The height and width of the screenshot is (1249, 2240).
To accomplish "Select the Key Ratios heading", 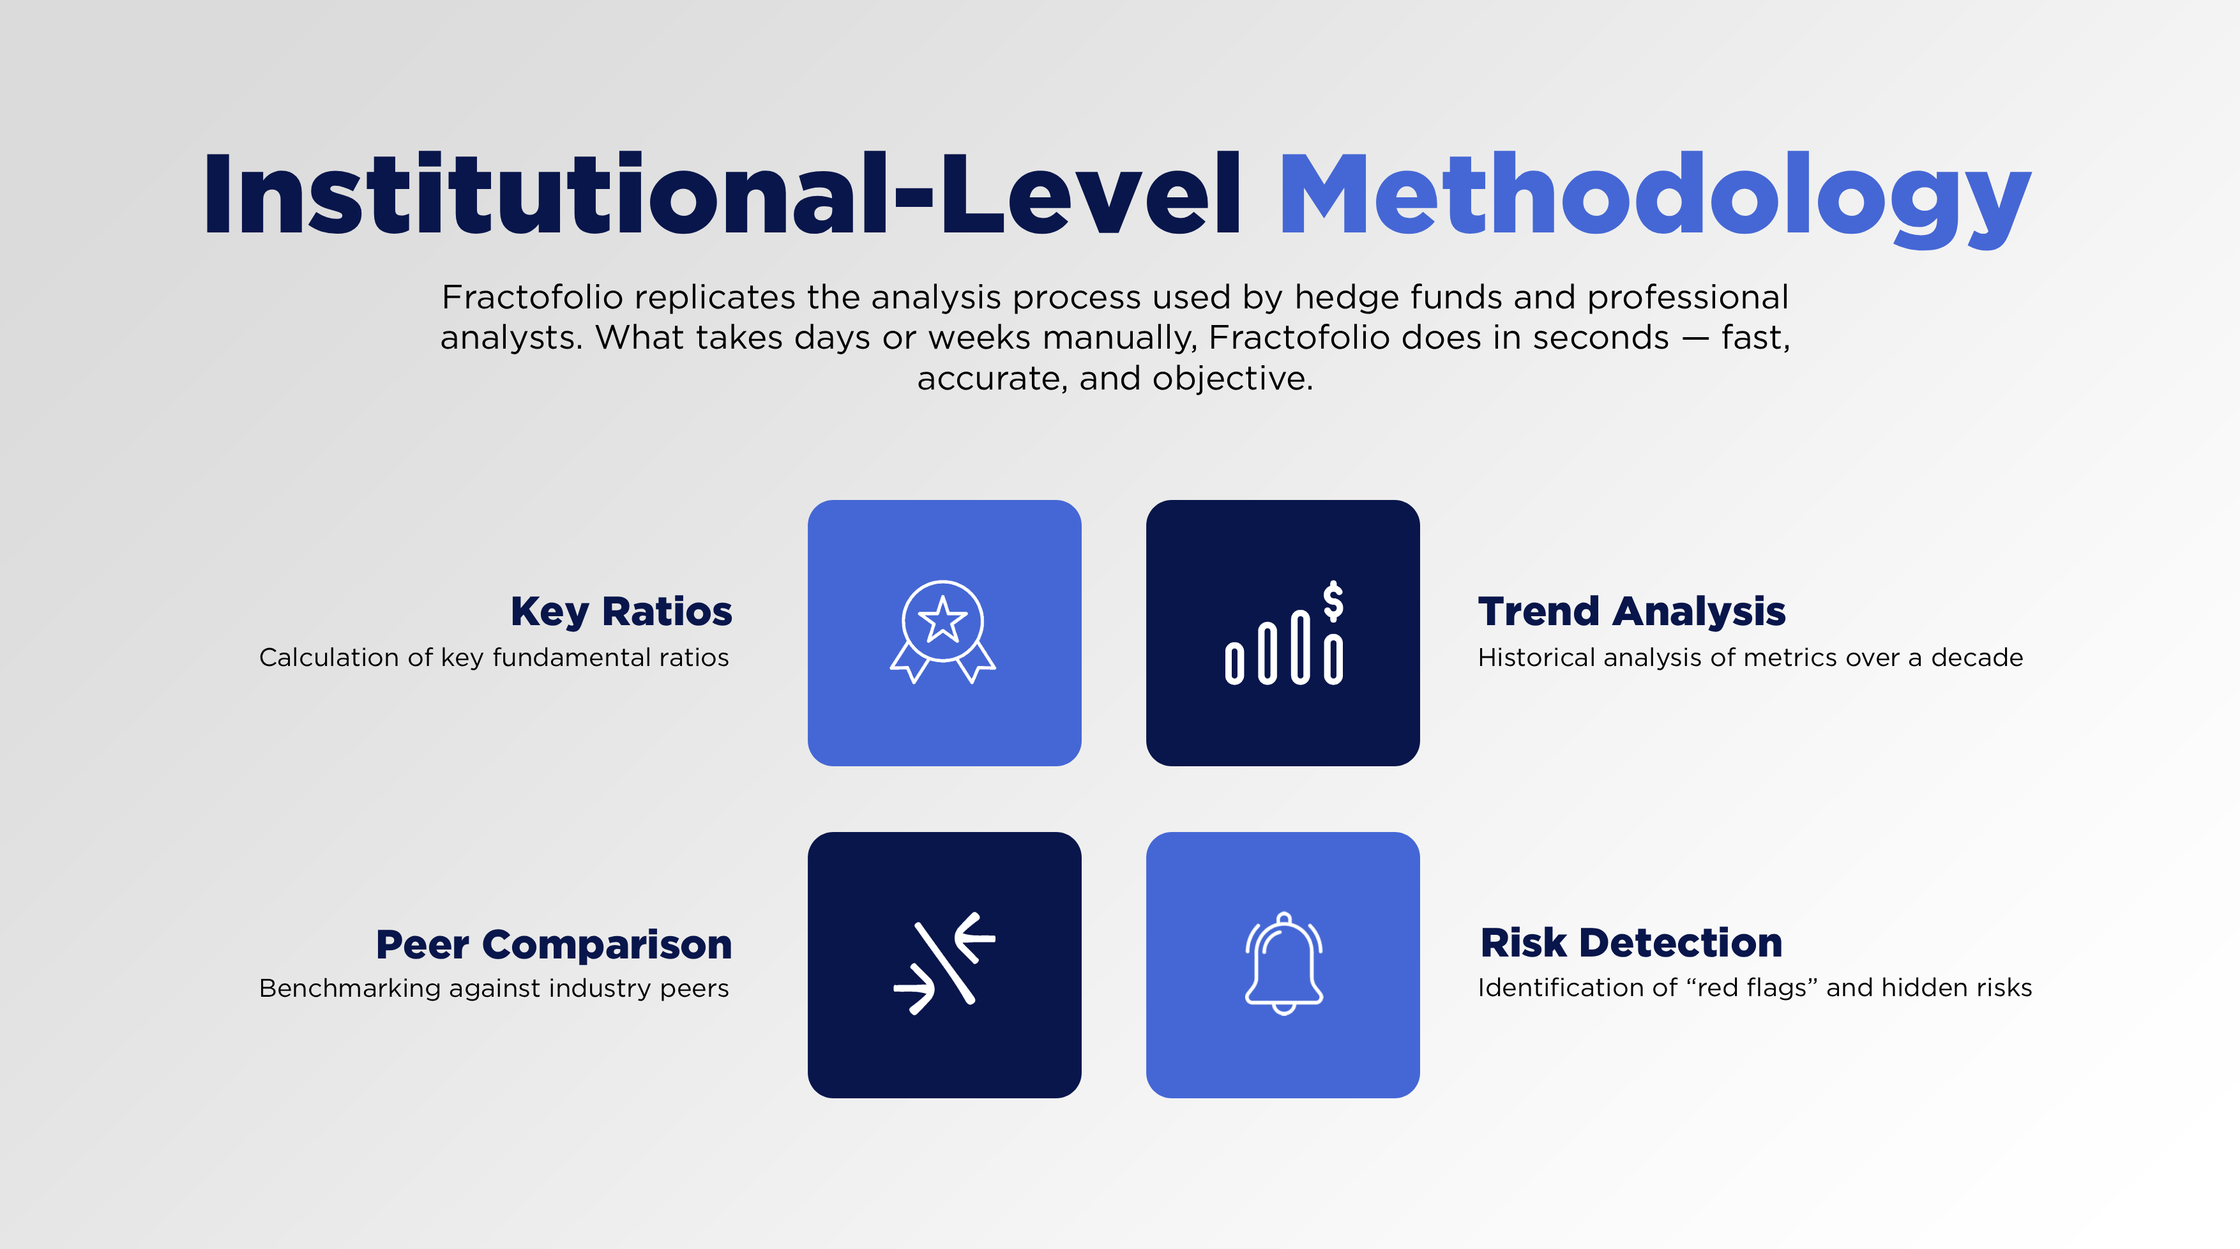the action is (x=621, y=612).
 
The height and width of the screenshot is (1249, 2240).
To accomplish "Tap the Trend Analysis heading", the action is (x=1631, y=612).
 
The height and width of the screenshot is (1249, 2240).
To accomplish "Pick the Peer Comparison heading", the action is (x=554, y=944).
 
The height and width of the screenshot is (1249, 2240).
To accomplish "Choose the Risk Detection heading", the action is (x=1631, y=943).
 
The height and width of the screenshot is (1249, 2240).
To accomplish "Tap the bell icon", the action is (x=1284, y=964).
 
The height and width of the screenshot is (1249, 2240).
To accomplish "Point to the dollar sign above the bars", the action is (x=1333, y=601).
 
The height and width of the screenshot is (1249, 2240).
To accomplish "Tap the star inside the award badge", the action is (x=942, y=619).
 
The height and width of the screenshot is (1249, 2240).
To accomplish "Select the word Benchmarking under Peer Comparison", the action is (x=349, y=989).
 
